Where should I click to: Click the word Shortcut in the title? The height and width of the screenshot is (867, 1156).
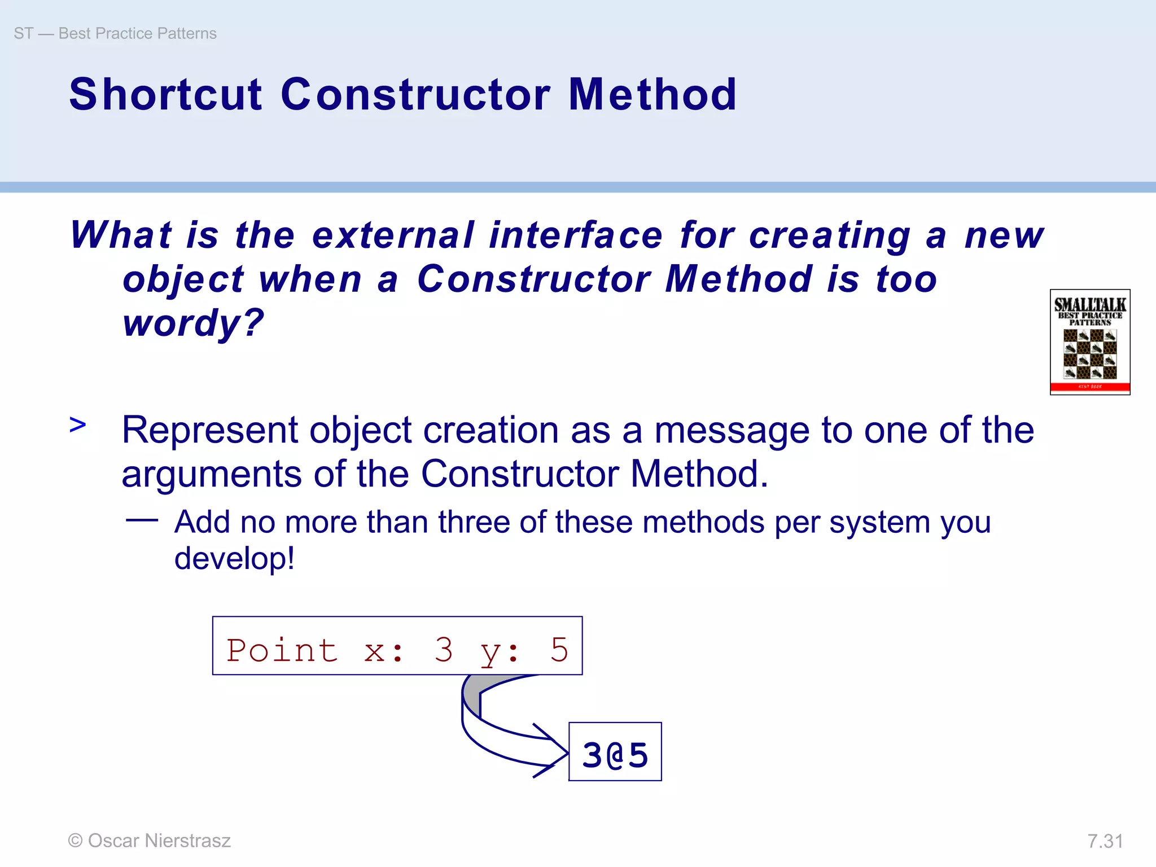coord(165,94)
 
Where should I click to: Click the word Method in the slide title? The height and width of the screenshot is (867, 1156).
coord(652,94)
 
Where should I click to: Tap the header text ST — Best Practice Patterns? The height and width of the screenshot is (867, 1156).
coord(115,33)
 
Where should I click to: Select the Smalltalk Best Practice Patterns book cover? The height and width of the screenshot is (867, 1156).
coord(1089,342)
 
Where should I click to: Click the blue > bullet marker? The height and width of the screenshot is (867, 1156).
coord(78,424)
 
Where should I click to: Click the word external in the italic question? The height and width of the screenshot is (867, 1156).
coord(393,235)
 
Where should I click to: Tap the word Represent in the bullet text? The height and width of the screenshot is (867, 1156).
coord(209,430)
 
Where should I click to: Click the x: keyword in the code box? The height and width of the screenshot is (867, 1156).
coord(384,651)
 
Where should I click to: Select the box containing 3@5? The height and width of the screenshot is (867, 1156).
coord(615,751)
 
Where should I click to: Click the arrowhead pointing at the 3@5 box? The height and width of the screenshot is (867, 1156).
coord(556,751)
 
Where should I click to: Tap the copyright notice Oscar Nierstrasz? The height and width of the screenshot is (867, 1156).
coord(150,840)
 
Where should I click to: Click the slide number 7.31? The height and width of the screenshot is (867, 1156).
coord(1105,841)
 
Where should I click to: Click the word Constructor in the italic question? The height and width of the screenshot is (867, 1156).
coord(534,279)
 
